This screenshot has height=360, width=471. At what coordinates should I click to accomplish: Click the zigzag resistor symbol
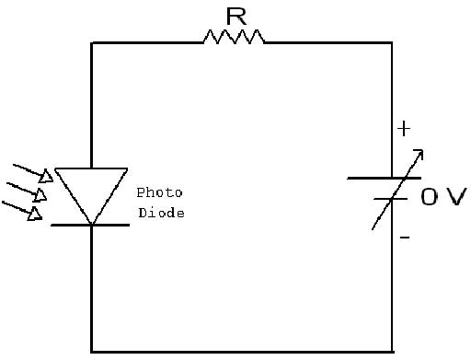tap(234, 36)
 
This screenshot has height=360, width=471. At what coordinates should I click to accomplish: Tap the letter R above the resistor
tap(234, 14)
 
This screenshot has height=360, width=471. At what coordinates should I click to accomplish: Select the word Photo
tap(159, 192)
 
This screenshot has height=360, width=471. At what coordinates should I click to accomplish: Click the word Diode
tap(161, 213)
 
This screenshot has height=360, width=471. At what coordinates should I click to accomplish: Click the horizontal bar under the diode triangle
tap(91, 225)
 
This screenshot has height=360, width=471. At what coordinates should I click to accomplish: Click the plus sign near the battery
tap(403, 129)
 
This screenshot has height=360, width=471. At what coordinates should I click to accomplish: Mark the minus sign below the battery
tap(405, 238)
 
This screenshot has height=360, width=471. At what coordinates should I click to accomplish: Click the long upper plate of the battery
tap(385, 178)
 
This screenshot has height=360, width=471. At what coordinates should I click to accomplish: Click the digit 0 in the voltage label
tap(431, 197)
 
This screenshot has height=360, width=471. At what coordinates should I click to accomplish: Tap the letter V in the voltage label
tap(456, 197)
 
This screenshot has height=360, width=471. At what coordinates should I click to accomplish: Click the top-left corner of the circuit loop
tap(92, 42)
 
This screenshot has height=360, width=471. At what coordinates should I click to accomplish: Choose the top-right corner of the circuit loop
tap(392, 42)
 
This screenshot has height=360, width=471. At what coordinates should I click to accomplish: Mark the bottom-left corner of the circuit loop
tap(92, 351)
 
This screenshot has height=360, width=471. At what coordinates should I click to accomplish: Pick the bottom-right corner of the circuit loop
tap(392, 351)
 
